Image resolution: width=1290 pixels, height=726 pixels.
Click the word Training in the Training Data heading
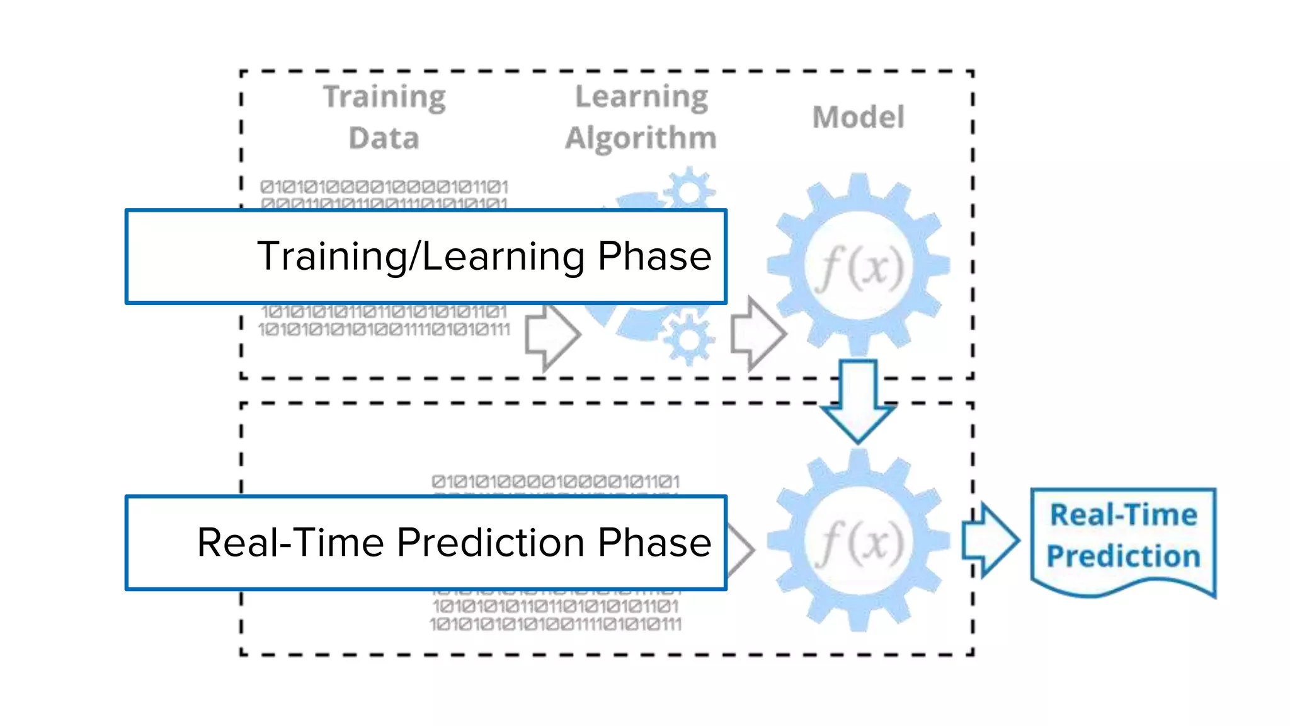tap(384, 98)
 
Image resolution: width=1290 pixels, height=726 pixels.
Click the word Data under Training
tap(384, 138)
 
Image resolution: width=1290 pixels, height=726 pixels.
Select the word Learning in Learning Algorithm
tap(641, 97)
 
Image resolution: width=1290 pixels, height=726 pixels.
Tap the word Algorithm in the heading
tap(641, 138)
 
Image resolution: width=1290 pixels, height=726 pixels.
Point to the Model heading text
tap(858, 117)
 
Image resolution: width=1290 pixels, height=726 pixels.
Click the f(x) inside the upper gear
tap(859, 267)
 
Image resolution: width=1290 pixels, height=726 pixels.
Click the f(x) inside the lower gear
tap(859, 542)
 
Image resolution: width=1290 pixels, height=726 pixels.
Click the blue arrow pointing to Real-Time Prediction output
tap(989, 539)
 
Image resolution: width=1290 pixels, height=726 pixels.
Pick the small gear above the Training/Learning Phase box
tap(689, 190)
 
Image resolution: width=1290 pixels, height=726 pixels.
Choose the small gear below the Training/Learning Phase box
tap(688, 340)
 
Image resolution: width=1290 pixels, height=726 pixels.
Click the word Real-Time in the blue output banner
tap(1123, 515)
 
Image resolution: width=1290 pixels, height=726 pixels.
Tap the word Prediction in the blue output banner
tap(1123, 556)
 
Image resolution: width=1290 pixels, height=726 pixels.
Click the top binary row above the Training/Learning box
tap(384, 187)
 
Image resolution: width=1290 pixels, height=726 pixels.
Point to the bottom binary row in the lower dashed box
tap(556, 625)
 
